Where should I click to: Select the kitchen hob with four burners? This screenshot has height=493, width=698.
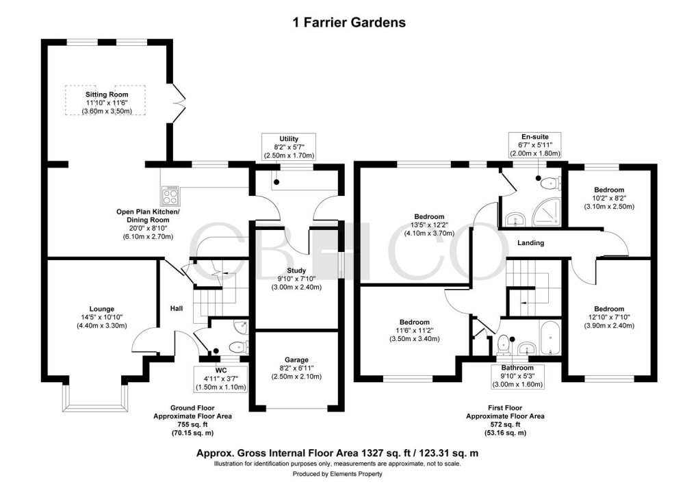(x=170, y=197)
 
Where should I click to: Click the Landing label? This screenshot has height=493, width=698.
(x=530, y=243)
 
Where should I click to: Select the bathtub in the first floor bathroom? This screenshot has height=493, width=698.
(x=549, y=337)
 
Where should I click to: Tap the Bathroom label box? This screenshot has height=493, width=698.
(x=517, y=376)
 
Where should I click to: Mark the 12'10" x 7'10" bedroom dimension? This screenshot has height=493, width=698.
(x=609, y=318)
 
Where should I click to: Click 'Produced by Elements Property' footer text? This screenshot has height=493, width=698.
(x=337, y=474)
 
